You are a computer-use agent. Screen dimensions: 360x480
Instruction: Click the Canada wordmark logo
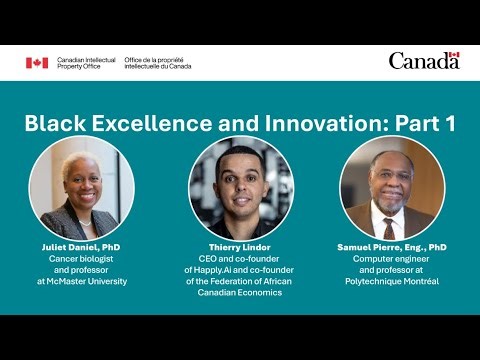424,61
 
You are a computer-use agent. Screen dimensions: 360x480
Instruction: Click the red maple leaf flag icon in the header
37,63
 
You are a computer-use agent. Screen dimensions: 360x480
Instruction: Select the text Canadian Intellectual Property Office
85,63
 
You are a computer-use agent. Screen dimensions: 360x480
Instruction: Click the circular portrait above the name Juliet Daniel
81,187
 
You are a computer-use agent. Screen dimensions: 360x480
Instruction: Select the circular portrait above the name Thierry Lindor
241,187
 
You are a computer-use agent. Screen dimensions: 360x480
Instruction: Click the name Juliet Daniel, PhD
82,246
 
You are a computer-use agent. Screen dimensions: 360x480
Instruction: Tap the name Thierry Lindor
241,246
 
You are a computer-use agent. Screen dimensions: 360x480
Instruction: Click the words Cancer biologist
82,258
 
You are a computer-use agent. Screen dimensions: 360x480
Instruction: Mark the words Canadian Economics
241,294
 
